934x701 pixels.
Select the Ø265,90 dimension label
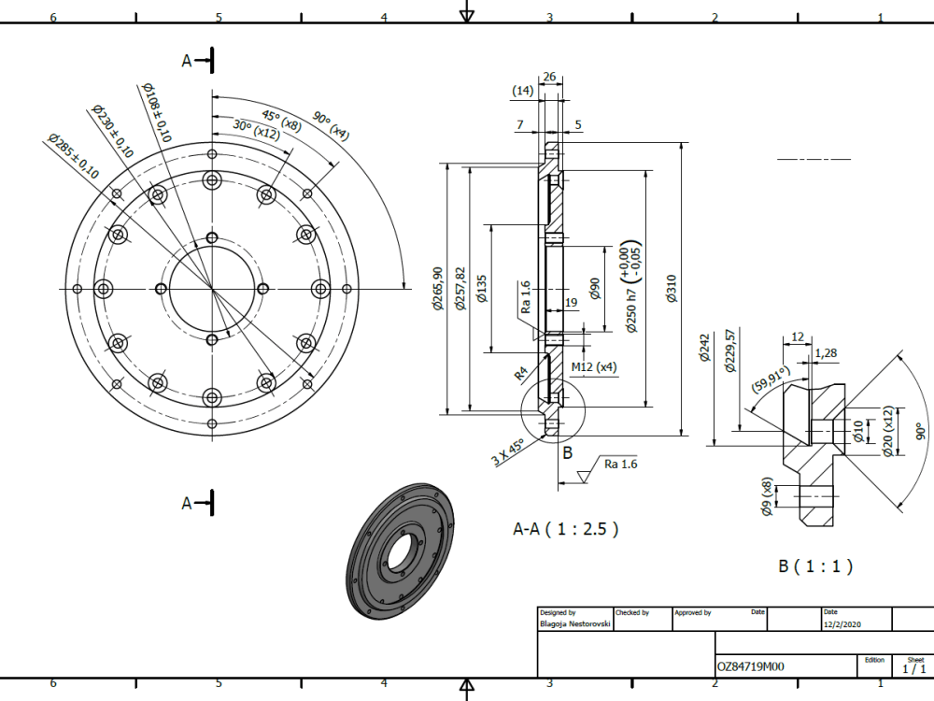click(437, 290)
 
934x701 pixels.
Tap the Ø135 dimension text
click(482, 290)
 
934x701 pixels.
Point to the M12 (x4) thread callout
click(594, 366)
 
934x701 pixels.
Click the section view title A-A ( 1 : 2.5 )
click(566, 529)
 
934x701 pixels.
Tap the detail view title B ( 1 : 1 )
click(814, 566)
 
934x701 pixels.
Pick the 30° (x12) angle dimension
click(233, 129)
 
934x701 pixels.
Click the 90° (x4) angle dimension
click(331, 125)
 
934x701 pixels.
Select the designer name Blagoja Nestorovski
click(575, 623)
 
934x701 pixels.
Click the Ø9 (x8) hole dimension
click(767, 496)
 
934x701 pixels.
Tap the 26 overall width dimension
click(549, 77)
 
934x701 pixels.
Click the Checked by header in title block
click(632, 613)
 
